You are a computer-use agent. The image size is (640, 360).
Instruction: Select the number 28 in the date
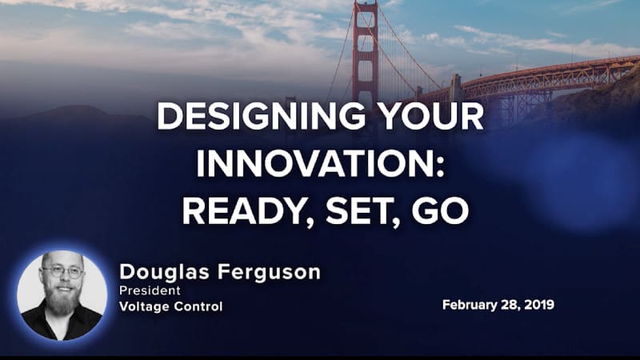click(513, 305)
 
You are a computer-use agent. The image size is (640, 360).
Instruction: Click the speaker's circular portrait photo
click(62, 296)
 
